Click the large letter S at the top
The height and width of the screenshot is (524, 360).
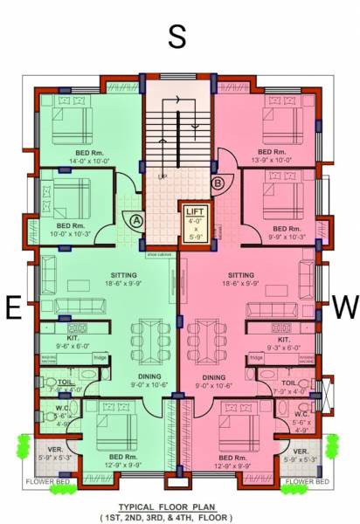click(177, 37)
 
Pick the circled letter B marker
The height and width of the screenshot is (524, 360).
click(218, 183)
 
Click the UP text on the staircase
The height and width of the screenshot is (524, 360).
click(163, 177)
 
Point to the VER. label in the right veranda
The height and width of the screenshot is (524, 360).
click(300, 452)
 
